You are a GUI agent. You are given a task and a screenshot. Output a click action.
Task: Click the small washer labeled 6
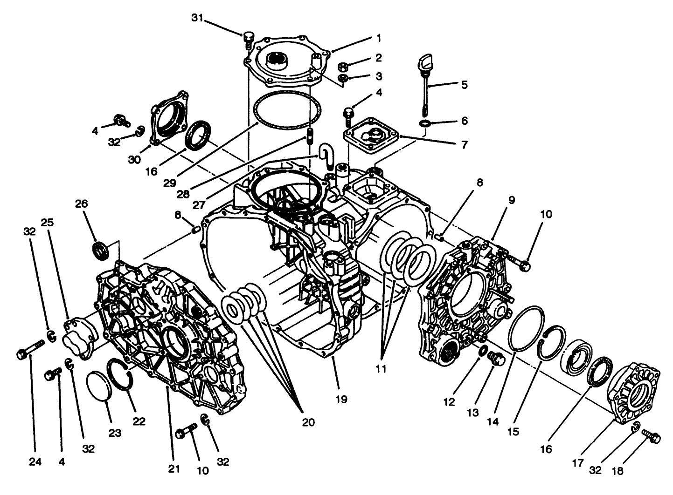pyautogui.click(x=425, y=123)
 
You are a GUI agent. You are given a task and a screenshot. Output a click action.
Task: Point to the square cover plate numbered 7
pyautogui.click(x=371, y=135)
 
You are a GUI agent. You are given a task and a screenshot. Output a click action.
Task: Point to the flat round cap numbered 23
pyautogui.click(x=99, y=386)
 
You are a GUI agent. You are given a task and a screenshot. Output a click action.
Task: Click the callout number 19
pyautogui.click(x=341, y=399)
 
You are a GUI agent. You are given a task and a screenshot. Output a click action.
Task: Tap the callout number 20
pyautogui.click(x=308, y=422)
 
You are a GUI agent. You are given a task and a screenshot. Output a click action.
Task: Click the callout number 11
pyautogui.click(x=382, y=369)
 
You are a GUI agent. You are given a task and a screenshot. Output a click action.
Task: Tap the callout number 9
pyautogui.click(x=511, y=200)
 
